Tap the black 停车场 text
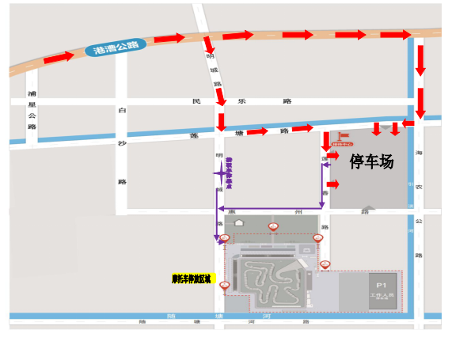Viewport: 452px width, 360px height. pyautogui.click(x=371, y=161)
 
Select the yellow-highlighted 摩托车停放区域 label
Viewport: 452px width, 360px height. pyautogui.click(x=191, y=279)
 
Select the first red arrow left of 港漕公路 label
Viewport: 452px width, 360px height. pyautogui.click(x=60, y=59)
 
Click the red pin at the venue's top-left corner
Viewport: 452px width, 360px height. pyautogui.click(x=225, y=238)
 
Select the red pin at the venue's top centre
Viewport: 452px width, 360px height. pyautogui.click(x=273, y=227)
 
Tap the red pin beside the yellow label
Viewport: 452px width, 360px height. pyautogui.click(x=225, y=285)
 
